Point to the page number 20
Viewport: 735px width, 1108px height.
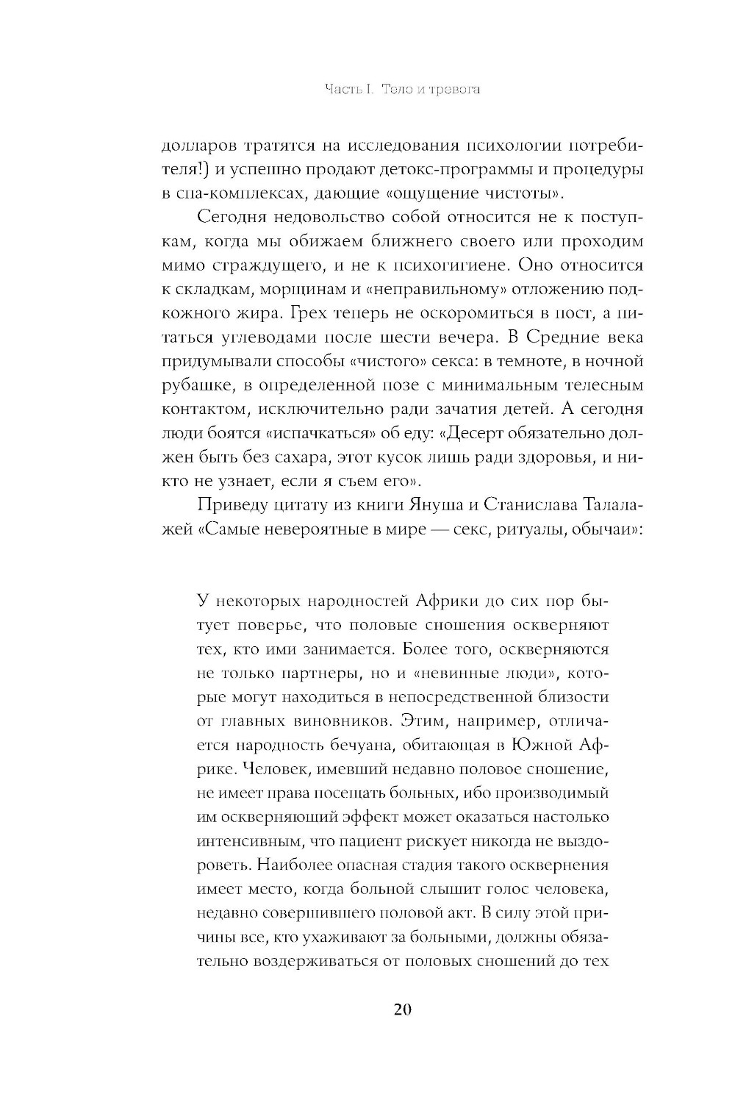pos(403,1009)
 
